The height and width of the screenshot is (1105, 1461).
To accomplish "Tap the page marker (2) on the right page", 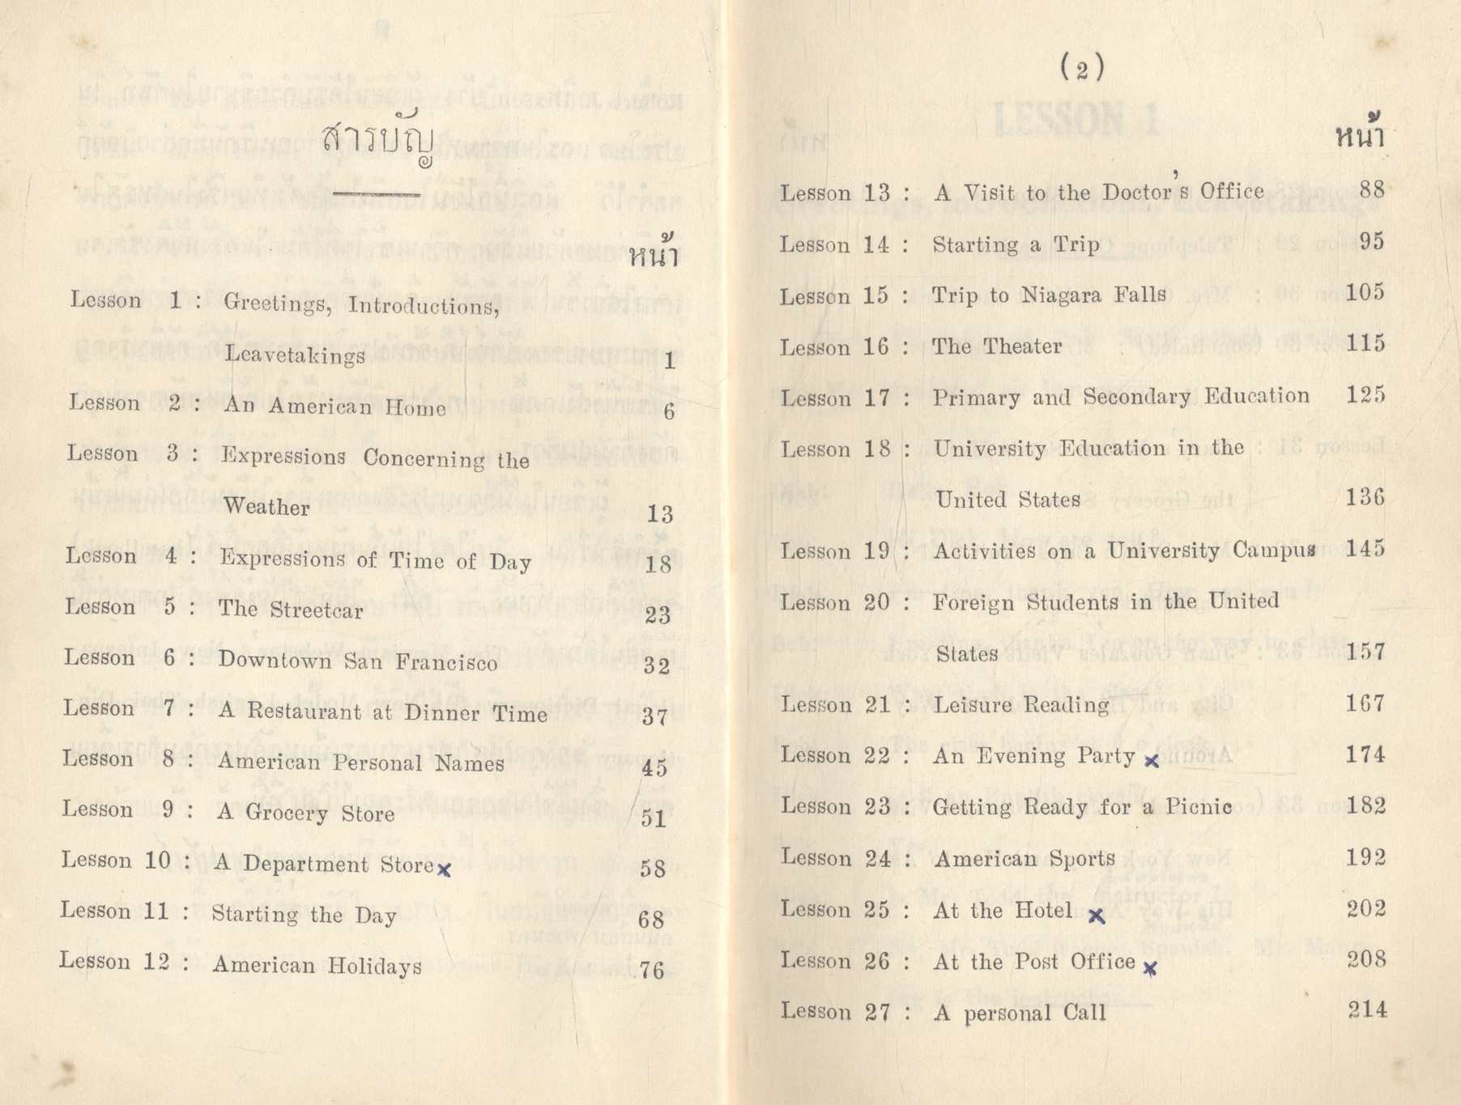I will point(1082,69).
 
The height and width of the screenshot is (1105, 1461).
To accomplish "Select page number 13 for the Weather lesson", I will point(660,514).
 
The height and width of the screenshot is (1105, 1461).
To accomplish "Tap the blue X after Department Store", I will point(444,869).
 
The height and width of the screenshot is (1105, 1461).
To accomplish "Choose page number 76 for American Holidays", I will point(651,970).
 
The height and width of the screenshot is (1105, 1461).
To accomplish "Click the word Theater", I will point(1020,346).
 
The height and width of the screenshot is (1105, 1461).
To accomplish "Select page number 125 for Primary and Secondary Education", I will point(1365,395).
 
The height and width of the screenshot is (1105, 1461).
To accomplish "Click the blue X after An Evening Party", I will point(1151,760).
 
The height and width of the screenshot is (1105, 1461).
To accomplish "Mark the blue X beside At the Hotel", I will point(1096,916).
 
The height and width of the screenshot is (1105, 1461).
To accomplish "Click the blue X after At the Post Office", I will point(1149,967).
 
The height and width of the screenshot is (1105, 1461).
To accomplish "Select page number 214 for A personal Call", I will point(1367,1009).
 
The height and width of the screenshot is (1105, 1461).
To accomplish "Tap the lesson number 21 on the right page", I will point(878,705).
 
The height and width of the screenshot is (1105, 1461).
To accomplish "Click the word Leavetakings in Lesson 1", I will point(295,355).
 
